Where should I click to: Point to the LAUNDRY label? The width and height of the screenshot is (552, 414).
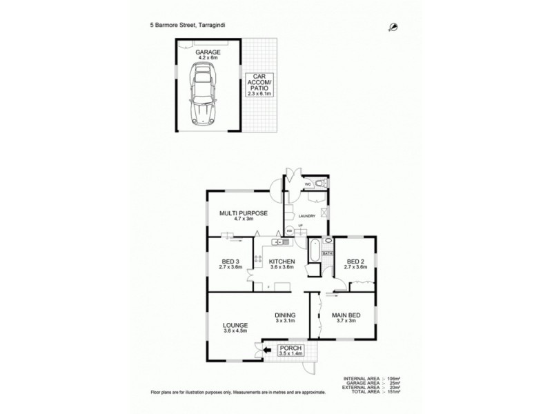307,216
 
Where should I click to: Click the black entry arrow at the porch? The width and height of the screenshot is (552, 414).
268,350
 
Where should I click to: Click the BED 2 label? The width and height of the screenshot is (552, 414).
355,262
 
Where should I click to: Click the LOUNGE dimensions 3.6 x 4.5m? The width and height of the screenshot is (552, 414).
235,331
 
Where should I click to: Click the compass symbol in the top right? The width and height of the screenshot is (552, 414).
393,26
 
